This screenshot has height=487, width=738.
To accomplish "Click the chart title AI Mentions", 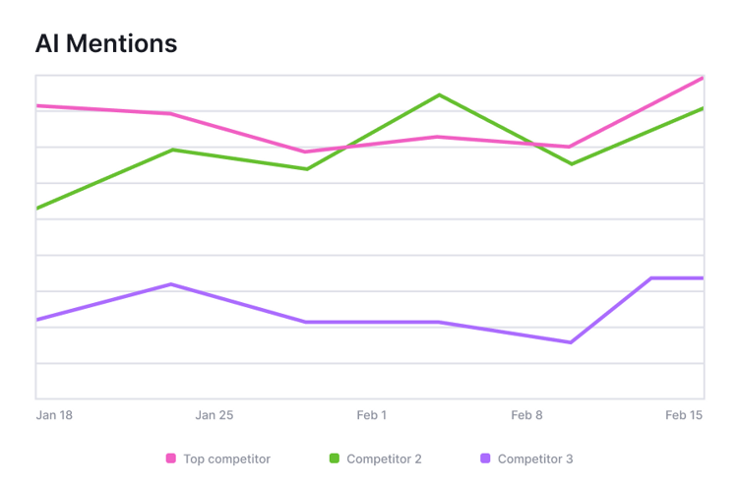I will [106, 44].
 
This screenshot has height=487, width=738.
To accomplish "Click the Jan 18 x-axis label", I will [54, 415].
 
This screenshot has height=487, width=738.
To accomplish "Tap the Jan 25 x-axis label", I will [214, 415].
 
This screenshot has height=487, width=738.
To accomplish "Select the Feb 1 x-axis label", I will [371, 415].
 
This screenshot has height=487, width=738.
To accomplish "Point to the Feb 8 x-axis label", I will [526, 415].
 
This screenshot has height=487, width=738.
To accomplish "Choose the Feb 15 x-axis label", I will [684, 415].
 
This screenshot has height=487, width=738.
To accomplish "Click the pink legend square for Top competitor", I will [171, 458].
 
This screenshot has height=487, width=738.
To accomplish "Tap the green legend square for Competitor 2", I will [335, 458].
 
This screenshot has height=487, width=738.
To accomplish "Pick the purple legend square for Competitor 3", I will [485, 458].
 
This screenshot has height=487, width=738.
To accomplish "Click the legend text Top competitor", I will [226, 458].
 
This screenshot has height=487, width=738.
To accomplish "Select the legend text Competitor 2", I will [384, 458].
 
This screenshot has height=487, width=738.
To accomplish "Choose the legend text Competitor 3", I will [534, 458].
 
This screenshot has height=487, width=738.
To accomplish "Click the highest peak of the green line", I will [439, 95].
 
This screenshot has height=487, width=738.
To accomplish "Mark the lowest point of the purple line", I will [570, 342].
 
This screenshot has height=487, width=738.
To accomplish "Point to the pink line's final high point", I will [702, 78].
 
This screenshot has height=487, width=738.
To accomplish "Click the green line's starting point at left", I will [37, 208].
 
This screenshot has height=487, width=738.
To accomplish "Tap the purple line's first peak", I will [172, 284].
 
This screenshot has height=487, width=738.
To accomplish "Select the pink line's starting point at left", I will [37, 105].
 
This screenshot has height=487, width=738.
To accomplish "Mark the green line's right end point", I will [702, 108].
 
